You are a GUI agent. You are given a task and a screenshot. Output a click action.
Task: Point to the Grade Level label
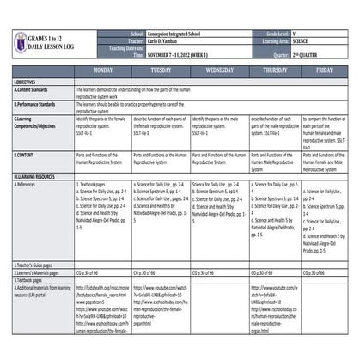288,29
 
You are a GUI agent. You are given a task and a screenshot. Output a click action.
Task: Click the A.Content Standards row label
34,88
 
